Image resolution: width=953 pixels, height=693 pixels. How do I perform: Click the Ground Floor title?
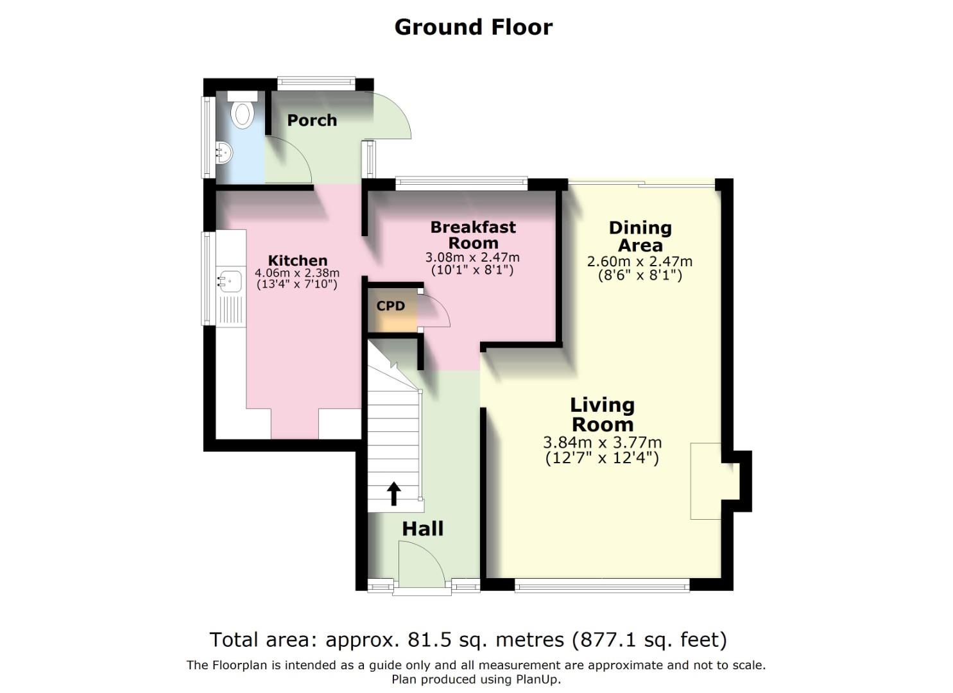(473, 27)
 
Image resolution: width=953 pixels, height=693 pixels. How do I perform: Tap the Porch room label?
(312, 121)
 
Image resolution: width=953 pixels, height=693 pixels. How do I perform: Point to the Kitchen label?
(298, 261)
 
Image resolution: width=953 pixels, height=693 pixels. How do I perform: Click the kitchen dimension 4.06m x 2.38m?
(297, 273)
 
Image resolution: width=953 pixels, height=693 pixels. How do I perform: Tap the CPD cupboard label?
(391, 306)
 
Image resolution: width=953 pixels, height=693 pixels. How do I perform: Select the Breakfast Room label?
(473, 235)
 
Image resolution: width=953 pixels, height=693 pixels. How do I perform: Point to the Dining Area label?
(640, 236)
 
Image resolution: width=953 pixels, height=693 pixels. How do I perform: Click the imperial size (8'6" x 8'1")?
(639, 275)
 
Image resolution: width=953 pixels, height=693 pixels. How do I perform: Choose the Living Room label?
(602, 415)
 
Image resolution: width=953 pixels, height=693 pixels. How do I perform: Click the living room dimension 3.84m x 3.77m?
(602, 443)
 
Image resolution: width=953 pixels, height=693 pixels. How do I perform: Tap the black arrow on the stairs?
(393, 494)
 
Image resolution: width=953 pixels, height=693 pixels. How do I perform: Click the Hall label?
(422, 529)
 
